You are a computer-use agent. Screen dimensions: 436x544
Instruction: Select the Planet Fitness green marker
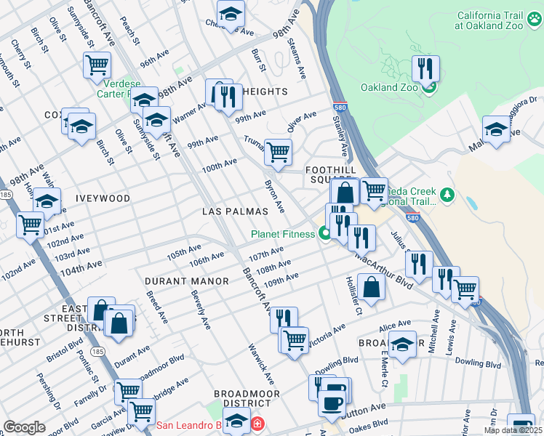(324, 233)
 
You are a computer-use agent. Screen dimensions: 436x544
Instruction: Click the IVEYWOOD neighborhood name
(102, 198)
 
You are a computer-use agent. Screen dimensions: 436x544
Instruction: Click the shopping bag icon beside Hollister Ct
(371, 286)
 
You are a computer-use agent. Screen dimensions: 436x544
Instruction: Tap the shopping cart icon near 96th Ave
(97, 65)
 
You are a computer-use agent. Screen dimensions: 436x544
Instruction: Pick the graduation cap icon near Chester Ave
(231, 14)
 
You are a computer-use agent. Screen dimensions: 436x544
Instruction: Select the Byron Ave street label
(275, 196)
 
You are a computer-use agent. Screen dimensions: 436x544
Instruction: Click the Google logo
(24, 427)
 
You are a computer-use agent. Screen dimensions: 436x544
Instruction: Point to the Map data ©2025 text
(513, 430)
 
